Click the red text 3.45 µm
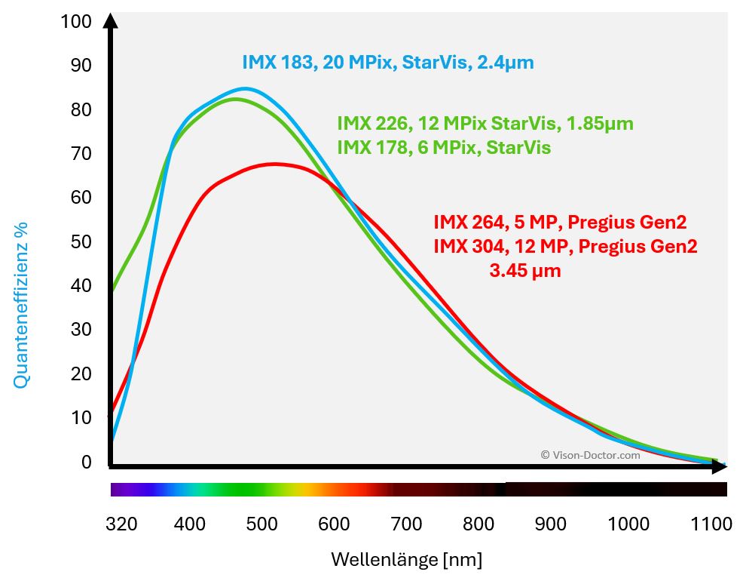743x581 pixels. pyautogui.click(x=525, y=270)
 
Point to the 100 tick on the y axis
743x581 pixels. pyautogui.click(x=76, y=22)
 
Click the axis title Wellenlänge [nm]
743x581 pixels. pyautogui.click(x=406, y=560)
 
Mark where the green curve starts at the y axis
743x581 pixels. pyautogui.click(x=112, y=290)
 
